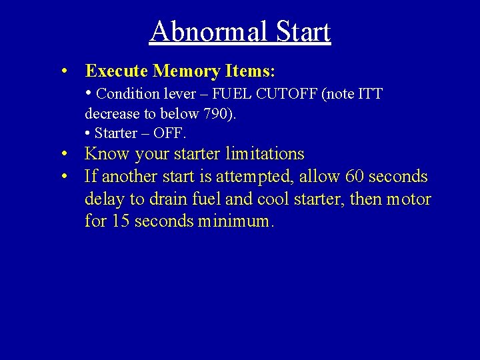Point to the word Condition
[x=127, y=94]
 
